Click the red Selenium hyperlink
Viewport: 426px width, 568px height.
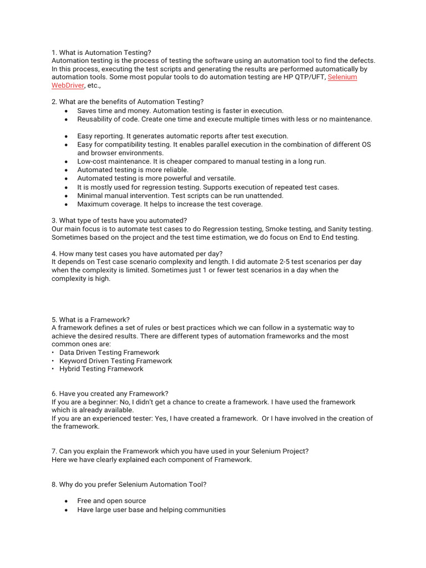point(342,77)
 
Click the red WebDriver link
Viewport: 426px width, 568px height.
point(68,85)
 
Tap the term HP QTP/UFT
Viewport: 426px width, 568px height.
point(305,77)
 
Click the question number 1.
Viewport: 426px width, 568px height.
point(54,52)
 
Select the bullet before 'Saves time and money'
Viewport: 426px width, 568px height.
point(66,111)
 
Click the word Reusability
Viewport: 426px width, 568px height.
point(96,119)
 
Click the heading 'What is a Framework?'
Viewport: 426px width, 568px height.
point(94,319)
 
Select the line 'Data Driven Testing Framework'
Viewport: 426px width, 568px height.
point(109,352)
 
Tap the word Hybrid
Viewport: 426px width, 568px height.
point(70,369)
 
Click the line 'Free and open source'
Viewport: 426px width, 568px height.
point(111,500)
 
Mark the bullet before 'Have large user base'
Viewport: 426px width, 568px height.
point(66,510)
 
